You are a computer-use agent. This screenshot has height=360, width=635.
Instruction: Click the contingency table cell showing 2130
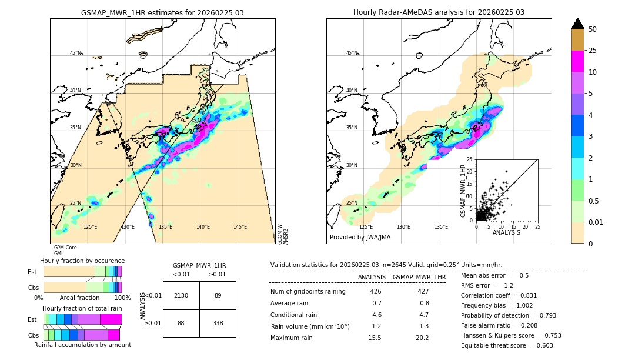click(181, 295)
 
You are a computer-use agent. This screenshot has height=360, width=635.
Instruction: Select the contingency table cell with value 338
click(218, 323)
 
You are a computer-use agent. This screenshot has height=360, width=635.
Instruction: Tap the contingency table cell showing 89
click(218, 295)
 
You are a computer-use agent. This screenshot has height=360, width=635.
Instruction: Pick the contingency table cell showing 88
click(181, 323)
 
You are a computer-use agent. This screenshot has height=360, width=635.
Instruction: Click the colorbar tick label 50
click(593, 29)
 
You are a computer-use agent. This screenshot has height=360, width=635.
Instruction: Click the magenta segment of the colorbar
click(577, 62)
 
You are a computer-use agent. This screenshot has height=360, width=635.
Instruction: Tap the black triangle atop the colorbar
click(577, 24)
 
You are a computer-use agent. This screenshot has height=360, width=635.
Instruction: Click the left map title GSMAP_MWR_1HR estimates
click(162, 12)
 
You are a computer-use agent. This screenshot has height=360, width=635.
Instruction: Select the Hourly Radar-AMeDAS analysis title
click(439, 12)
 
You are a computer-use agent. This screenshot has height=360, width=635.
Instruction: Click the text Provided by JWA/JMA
click(360, 237)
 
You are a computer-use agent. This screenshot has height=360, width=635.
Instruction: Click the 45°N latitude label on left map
click(76, 53)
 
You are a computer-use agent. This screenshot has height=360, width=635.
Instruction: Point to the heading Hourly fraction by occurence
click(82, 261)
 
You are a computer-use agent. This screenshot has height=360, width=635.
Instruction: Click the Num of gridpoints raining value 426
click(376, 291)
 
